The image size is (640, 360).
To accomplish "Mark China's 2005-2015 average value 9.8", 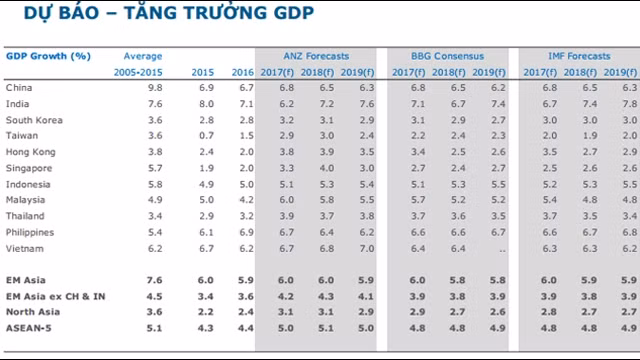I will pyautogui.click(x=141, y=88).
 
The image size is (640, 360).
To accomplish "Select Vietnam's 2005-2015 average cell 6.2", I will pyautogui.click(x=141, y=248).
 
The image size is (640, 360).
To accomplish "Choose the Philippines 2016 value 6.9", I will pyautogui.click(x=242, y=232).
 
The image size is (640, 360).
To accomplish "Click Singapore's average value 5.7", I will pyautogui.click(x=141, y=168).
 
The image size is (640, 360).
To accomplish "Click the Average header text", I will pyautogui.click(x=143, y=56).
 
